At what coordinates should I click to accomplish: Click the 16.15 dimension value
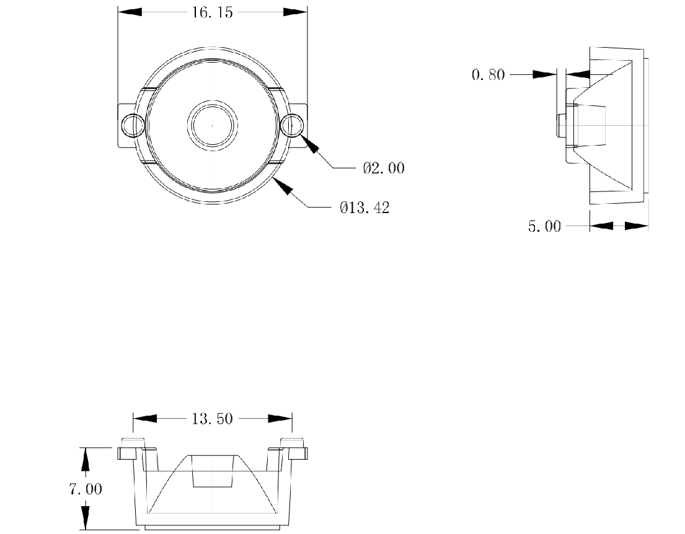212,12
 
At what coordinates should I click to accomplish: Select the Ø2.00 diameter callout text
384,168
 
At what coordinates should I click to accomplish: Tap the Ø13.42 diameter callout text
365,208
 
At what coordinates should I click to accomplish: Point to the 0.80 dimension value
488,75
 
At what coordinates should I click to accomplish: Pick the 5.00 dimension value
544,227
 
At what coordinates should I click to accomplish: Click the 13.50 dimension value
212,419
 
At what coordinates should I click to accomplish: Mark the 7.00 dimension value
86,489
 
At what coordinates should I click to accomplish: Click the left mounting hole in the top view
131,126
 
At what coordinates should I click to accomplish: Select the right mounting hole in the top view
292,126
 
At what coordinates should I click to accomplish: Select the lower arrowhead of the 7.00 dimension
86,517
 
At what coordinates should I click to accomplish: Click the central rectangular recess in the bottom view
213,471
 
